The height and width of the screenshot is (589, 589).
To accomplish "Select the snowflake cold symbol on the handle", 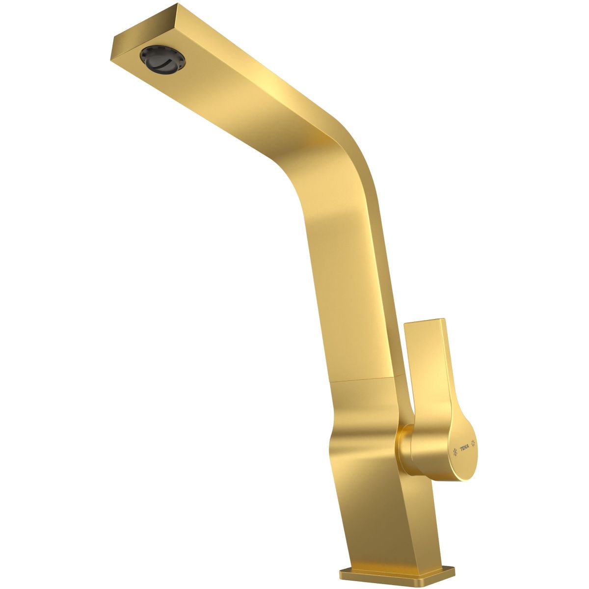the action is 455,460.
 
